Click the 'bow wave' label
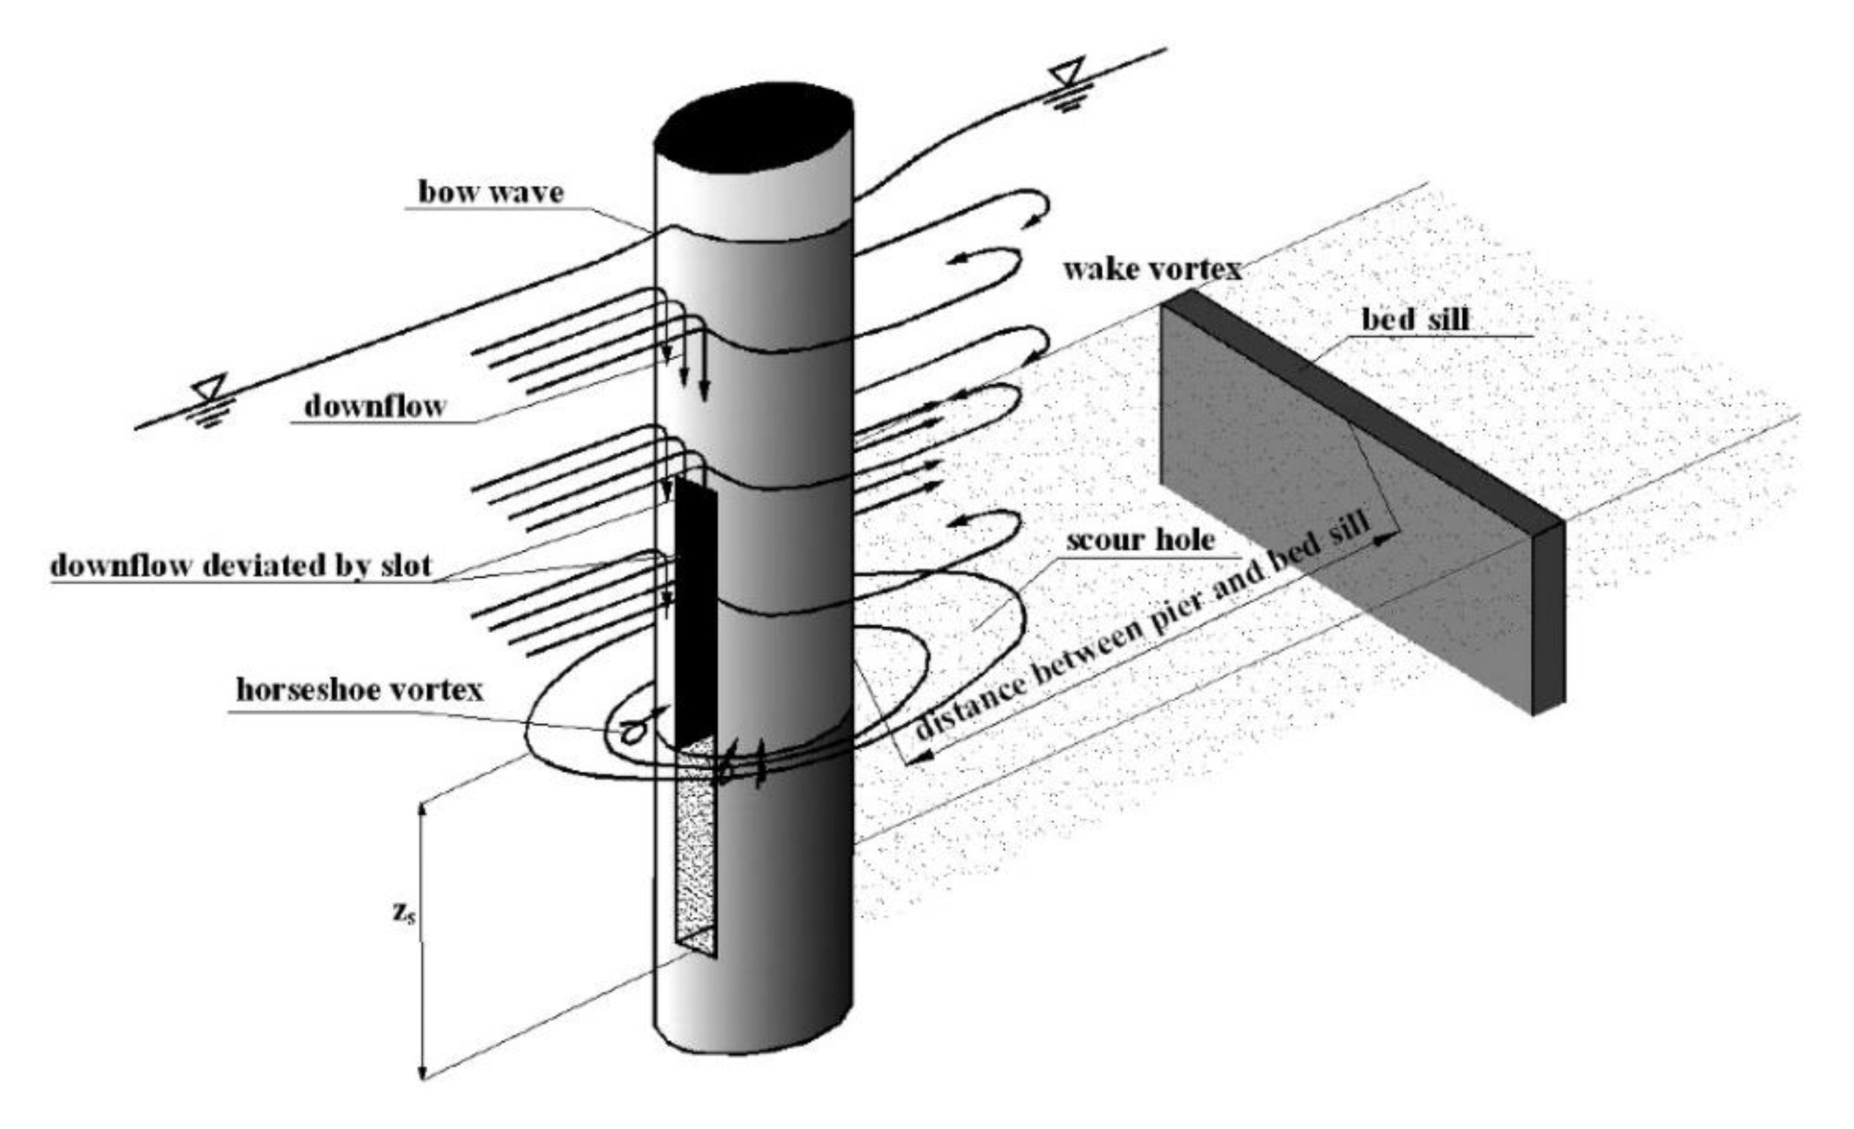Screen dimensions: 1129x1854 pyautogui.click(x=490, y=192)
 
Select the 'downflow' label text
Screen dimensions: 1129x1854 pyautogui.click(x=375, y=406)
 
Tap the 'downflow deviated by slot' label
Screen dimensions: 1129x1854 pyautogui.click(x=241, y=566)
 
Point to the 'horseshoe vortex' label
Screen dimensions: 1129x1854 pyautogui.click(x=360, y=690)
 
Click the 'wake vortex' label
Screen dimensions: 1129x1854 pyautogui.click(x=1152, y=269)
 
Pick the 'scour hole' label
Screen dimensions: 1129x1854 pyautogui.click(x=1140, y=539)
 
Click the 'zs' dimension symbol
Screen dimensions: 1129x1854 pyautogui.click(x=403, y=912)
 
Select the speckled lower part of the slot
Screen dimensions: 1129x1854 pyautogui.click(x=696, y=850)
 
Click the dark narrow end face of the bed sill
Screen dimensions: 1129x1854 pyautogui.click(x=1548, y=616)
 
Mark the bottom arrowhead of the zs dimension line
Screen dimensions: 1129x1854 pyautogui.click(x=423, y=1072)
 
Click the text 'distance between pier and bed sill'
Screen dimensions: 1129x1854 pyautogui.click(x=1136, y=632)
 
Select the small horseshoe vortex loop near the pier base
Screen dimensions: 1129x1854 pyautogui.click(x=632, y=731)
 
